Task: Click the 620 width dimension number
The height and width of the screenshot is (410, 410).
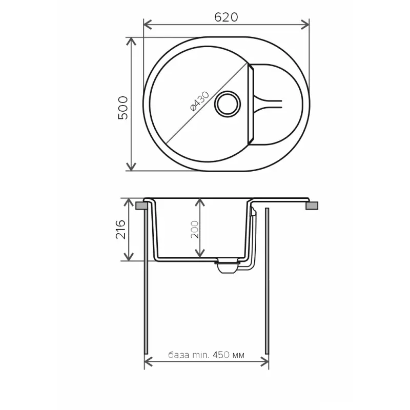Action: [226, 17]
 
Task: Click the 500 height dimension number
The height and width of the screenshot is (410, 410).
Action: [123, 108]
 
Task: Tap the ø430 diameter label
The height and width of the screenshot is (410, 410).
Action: [200, 101]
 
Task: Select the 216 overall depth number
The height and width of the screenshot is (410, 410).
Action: [120, 229]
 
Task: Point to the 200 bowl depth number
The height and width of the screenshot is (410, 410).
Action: [195, 229]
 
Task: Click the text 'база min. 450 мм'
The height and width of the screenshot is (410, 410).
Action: [207, 355]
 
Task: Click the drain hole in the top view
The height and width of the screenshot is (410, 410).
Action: [227, 104]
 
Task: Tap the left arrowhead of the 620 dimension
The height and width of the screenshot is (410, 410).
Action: [148, 25]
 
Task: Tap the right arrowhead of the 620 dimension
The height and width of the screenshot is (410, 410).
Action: [305, 25]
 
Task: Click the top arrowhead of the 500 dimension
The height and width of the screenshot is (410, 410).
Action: [131, 42]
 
